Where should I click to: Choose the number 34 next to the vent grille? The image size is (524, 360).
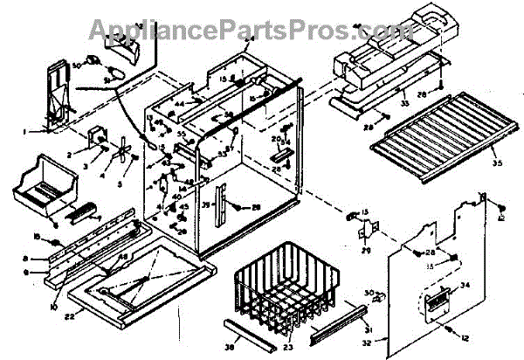465,286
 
